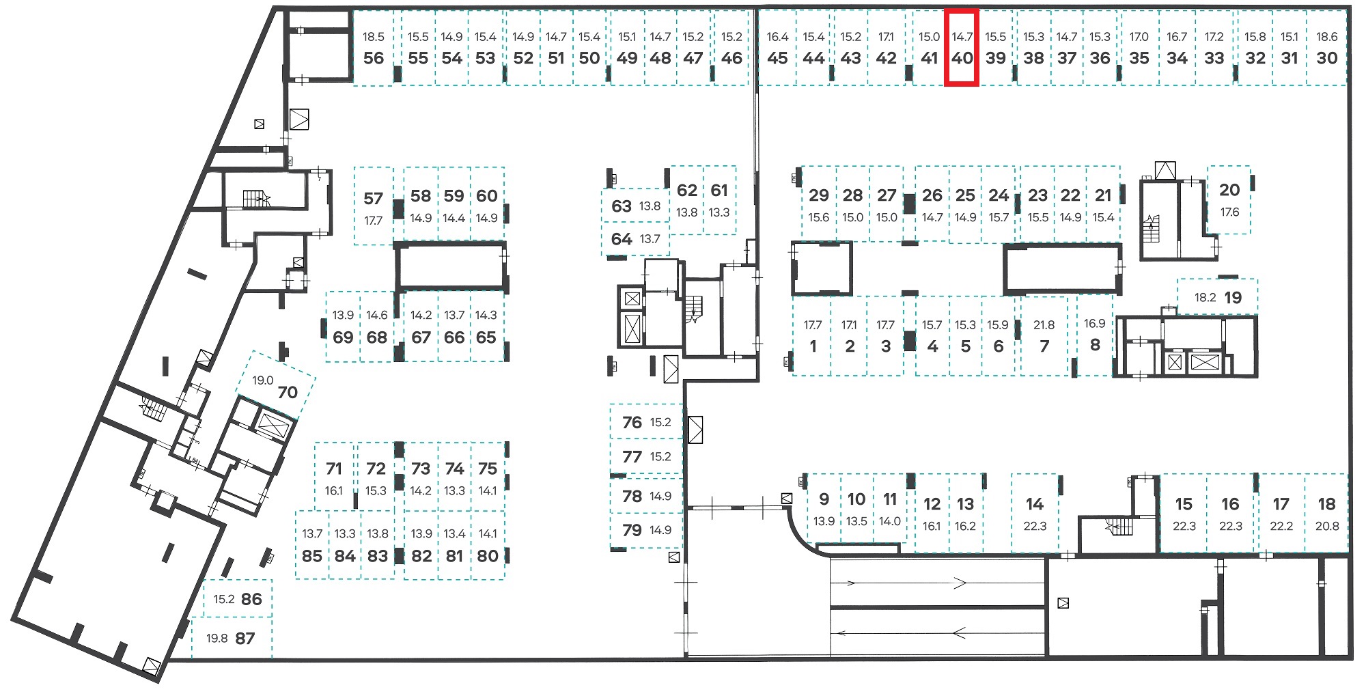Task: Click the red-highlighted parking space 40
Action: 962,48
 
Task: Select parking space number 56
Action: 374,48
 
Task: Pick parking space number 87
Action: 232,638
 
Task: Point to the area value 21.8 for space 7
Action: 1044,325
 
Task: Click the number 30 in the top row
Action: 1326,58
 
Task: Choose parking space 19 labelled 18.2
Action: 1218,297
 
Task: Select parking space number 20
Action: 1229,199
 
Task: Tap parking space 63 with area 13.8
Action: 636,206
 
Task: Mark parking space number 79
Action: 646,530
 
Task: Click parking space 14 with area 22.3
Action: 1035,514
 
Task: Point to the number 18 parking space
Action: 1326,514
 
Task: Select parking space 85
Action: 312,545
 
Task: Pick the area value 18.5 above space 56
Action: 374,37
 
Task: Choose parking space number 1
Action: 813,336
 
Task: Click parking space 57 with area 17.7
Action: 373,206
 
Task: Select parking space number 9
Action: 824,510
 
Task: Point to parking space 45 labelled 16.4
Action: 777,48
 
